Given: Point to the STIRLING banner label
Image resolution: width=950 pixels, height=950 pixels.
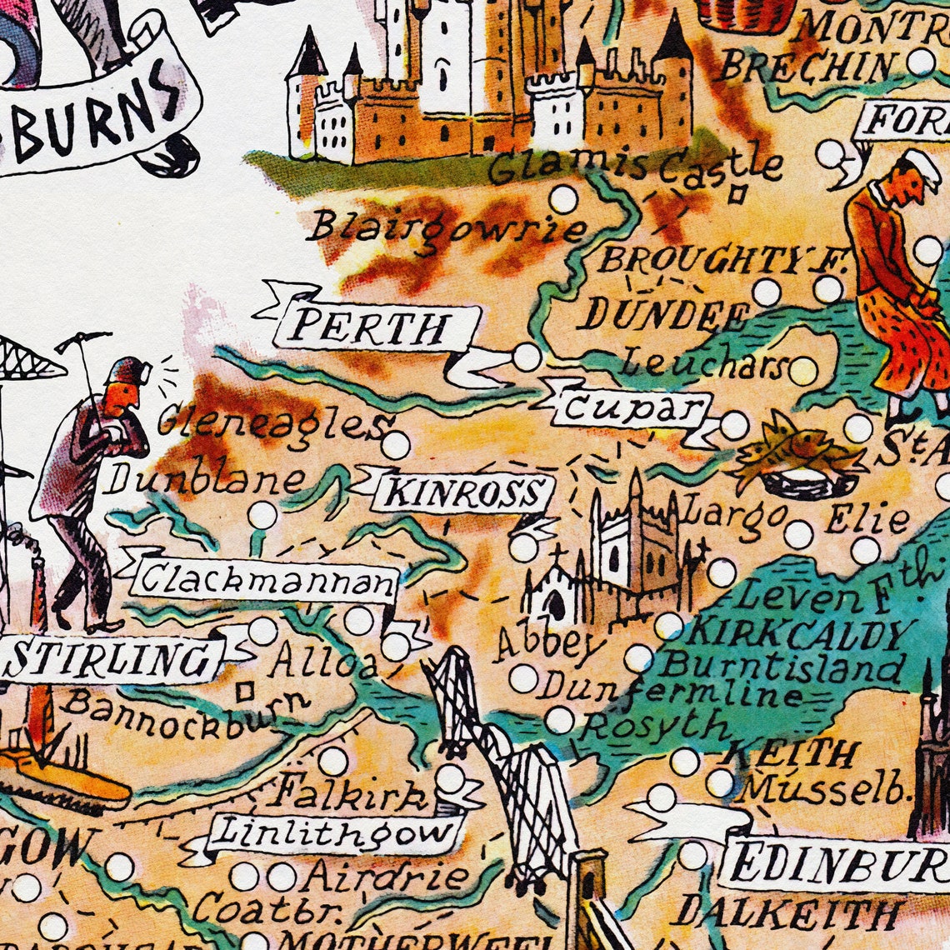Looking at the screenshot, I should coord(108,659).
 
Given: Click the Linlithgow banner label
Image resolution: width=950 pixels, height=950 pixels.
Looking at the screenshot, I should coord(334,831).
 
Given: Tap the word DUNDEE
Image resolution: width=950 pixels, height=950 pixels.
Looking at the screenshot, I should coord(665,315).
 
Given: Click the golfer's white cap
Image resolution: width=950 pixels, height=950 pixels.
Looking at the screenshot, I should coord(922,163).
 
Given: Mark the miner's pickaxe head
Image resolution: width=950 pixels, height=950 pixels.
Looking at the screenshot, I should coord(83,339).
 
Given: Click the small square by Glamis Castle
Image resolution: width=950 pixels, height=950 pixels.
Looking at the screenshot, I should coord(736,194).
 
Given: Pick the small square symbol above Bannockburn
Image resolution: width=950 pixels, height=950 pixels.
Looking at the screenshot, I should coord(244,691).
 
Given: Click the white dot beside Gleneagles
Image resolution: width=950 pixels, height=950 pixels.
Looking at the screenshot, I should coord(396,444).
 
